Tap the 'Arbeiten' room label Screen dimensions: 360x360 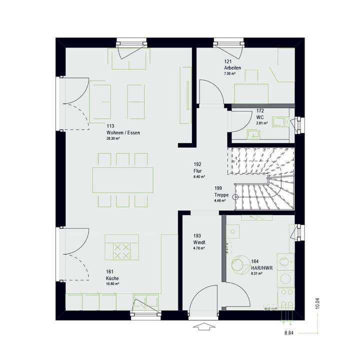click(x=232, y=67)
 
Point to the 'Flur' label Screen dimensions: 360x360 click(x=198, y=170)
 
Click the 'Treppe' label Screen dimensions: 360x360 click(x=222, y=194)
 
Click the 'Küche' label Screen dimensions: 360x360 click(x=112, y=278)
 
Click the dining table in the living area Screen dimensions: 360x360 click(x=123, y=180)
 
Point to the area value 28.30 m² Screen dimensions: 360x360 click(x=113, y=138)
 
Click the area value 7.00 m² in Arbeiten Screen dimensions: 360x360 click(x=230, y=73)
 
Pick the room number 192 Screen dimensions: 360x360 click(x=197, y=164)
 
